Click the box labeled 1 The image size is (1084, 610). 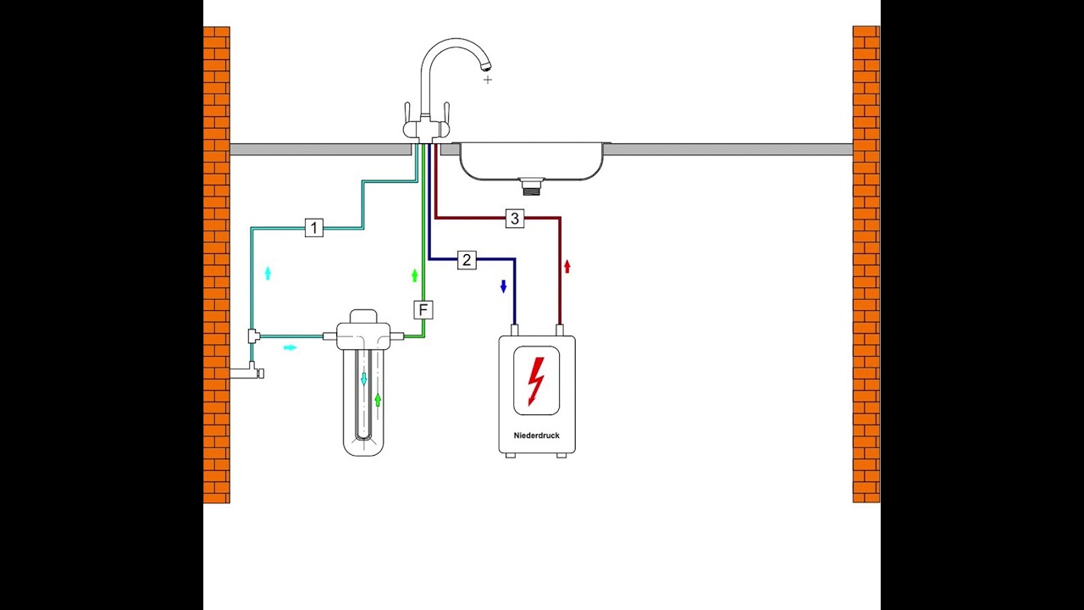(x=314, y=228)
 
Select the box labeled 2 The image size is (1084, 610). (x=467, y=260)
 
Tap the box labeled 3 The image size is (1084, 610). (x=514, y=219)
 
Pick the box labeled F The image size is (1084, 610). (x=423, y=310)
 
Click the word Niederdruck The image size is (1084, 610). (x=537, y=435)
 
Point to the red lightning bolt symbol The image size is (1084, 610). (x=536, y=381)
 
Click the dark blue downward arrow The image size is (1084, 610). (x=503, y=286)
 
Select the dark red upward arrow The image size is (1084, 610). (x=567, y=266)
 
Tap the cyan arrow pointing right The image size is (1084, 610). (x=290, y=347)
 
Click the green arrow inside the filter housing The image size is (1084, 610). (x=378, y=400)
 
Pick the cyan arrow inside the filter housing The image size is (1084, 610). (x=364, y=379)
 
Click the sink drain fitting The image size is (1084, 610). (x=531, y=186)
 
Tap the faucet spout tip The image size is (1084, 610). (x=486, y=66)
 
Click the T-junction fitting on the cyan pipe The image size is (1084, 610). (x=253, y=335)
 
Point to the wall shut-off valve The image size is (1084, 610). (x=246, y=372)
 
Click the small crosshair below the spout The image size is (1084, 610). (x=487, y=80)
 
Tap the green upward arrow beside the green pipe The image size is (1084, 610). (x=414, y=275)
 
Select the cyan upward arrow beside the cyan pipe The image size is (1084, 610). (x=268, y=273)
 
